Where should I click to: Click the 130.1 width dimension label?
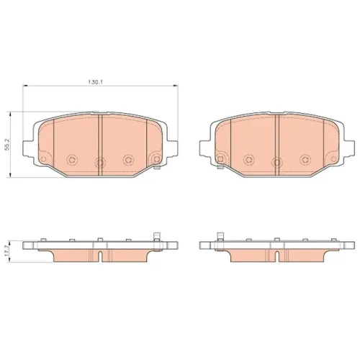(x=96, y=81)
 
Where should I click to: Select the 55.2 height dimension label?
(x=7, y=145)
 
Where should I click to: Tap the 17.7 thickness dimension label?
(x=7, y=250)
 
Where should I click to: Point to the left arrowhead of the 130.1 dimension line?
(x=25, y=85)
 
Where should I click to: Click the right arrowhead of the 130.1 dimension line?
(x=175, y=85)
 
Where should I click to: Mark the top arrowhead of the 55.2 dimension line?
(x=10, y=114)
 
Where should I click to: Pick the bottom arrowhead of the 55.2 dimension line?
(x=10, y=174)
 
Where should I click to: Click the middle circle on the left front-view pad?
(x=99, y=163)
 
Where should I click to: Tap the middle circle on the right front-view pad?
(x=277, y=163)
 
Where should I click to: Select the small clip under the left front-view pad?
(x=157, y=168)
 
